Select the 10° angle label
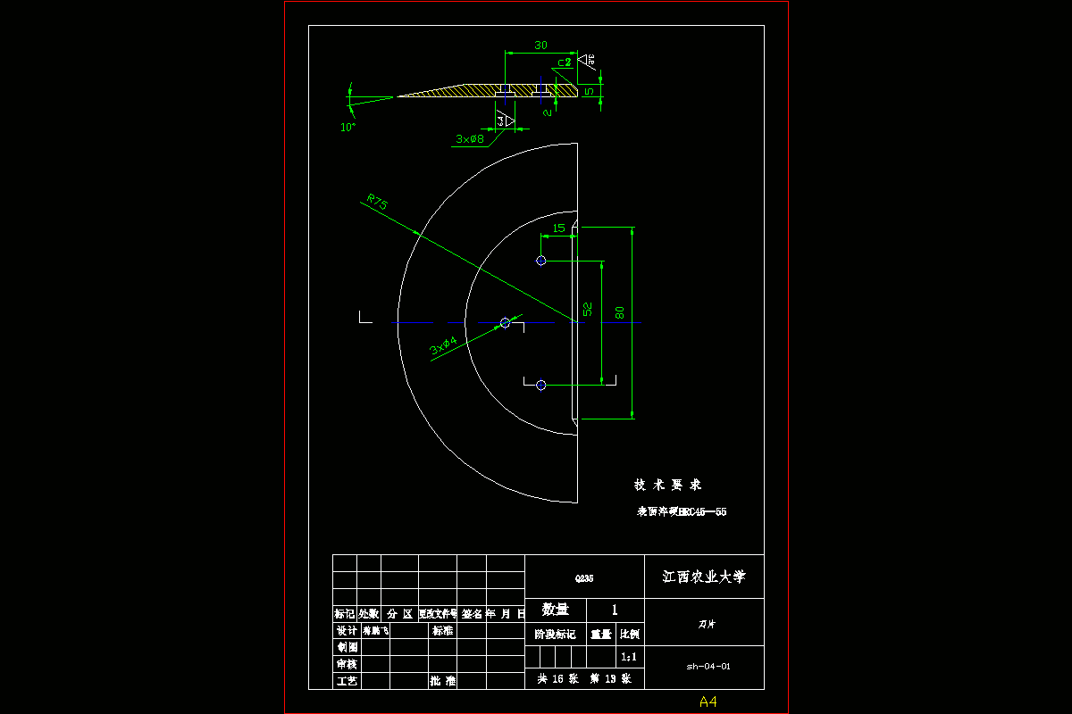point(348,128)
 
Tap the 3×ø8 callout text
point(470,139)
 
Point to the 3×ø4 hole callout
point(444,345)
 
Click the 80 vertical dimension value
point(620,312)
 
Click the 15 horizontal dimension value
point(559,228)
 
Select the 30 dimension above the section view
point(540,46)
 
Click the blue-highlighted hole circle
point(540,261)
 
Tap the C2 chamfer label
point(564,62)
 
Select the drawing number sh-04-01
point(708,666)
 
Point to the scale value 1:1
point(630,657)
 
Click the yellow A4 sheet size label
point(708,702)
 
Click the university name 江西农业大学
point(703,577)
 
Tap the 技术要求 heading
point(667,485)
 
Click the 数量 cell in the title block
point(555,610)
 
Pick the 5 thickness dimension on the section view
point(589,91)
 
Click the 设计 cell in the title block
point(346,630)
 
